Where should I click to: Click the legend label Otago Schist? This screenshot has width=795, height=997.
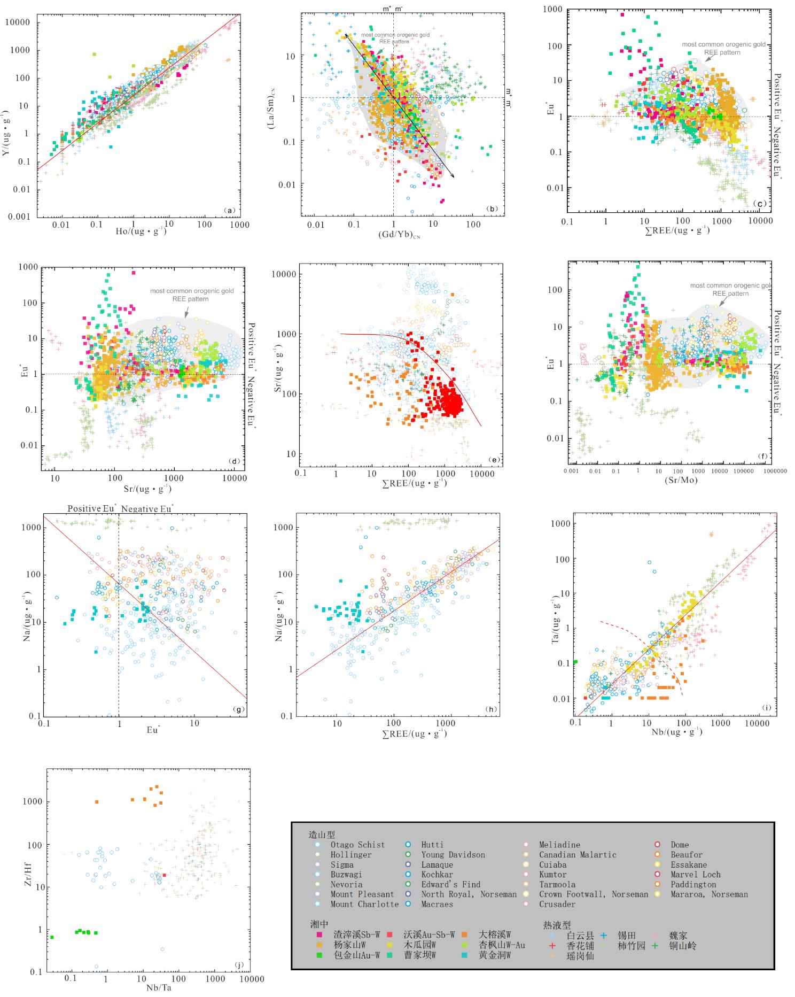coord(357,845)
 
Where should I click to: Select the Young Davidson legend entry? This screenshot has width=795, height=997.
coord(453,855)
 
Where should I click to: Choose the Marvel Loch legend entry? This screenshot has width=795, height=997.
coord(696,875)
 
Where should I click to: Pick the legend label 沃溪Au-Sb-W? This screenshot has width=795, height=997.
coord(428,935)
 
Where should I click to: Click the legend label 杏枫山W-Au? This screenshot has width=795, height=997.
coord(501,945)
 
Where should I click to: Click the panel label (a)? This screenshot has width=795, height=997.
coord(229,210)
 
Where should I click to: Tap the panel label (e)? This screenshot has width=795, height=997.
coord(494,460)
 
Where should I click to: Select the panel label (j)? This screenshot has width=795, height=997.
coord(239,965)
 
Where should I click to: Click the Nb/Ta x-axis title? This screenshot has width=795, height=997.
coord(159,987)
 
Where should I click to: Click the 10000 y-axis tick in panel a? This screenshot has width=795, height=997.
coord(18,22)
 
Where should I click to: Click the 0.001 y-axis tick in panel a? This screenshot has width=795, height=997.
coord(20,217)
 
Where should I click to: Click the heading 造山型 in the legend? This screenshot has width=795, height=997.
coord(322,834)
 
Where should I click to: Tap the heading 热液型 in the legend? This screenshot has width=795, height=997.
coord(557,925)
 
